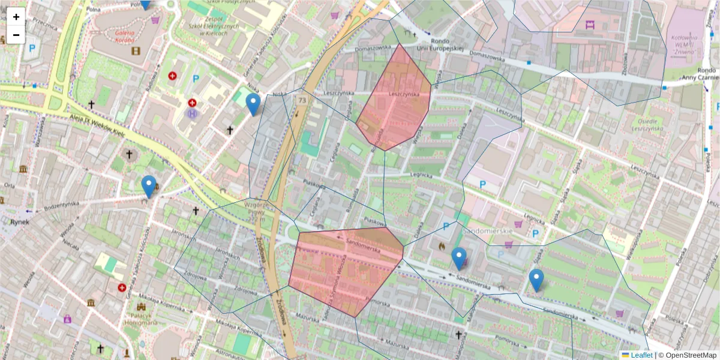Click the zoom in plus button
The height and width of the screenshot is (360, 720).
pos(16,17)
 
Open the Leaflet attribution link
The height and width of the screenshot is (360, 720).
pos(641,355)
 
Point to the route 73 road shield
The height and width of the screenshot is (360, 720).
pos(301,101)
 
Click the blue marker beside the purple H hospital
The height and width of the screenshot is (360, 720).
pos(254,103)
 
